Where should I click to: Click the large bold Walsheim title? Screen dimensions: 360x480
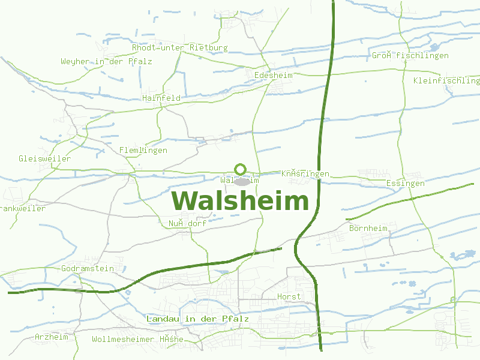[x=240, y=202]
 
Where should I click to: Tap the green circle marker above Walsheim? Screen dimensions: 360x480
[x=241, y=169]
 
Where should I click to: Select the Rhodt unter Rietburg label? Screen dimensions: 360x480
[x=180, y=47]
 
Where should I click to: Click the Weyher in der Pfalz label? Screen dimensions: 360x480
[x=106, y=62]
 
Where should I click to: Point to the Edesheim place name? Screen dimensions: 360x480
[x=274, y=76]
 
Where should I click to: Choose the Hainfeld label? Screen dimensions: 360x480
[x=161, y=98]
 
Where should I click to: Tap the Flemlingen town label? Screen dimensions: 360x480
[x=143, y=150]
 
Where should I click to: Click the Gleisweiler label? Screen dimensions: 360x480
[x=44, y=159]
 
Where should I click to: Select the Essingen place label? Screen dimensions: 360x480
[x=406, y=183]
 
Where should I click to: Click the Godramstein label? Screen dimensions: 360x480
[x=88, y=269]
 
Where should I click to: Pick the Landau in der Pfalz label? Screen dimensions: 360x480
[x=197, y=319]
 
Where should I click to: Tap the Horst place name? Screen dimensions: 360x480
[x=289, y=297]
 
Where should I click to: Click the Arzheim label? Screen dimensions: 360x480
[x=52, y=337]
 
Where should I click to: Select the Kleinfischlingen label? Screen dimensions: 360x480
[x=446, y=80]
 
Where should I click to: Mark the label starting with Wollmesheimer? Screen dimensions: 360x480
[x=137, y=340]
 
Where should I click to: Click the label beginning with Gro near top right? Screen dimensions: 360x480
[x=410, y=56]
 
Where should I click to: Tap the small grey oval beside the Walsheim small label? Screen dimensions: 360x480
[x=242, y=181]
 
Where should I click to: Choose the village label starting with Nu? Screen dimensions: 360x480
[x=187, y=224]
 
